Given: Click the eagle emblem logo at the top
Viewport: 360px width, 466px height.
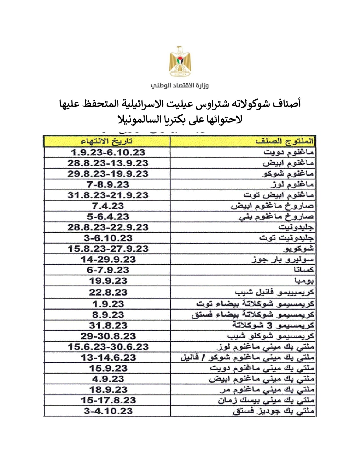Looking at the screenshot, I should pyautogui.click(x=180, y=61).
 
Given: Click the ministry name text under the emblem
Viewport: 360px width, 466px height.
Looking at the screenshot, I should pyautogui.click(x=180, y=85).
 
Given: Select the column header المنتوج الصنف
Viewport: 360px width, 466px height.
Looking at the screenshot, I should pyautogui.click(x=284, y=141).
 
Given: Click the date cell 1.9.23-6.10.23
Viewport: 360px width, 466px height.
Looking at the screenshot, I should pyautogui.click(x=108, y=153).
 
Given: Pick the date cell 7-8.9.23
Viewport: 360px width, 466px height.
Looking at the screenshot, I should pyautogui.click(x=108, y=185).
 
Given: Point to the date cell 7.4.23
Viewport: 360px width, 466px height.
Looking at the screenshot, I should pyautogui.click(x=108, y=206).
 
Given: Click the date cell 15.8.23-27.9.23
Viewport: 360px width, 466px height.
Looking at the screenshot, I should pyautogui.click(x=108, y=249).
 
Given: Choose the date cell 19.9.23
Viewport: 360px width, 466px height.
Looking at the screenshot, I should pyautogui.click(x=108, y=281).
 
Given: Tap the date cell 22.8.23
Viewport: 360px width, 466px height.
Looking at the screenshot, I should pyautogui.click(x=108, y=292).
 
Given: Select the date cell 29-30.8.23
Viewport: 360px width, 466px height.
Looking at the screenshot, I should pyautogui.click(x=108, y=336).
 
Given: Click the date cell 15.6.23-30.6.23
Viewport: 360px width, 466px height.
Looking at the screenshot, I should pyautogui.click(x=108, y=347).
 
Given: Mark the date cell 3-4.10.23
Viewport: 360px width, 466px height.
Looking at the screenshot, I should pyautogui.click(x=108, y=411).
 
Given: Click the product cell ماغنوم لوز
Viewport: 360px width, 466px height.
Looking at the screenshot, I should pyautogui.click(x=292, y=185).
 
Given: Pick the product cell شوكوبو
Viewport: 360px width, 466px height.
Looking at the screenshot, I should pyautogui.click(x=298, y=249).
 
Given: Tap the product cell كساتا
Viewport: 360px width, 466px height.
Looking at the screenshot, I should pyautogui.click(x=304, y=270).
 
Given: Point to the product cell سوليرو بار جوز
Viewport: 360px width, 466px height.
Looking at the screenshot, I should pyautogui.click(x=282, y=260).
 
